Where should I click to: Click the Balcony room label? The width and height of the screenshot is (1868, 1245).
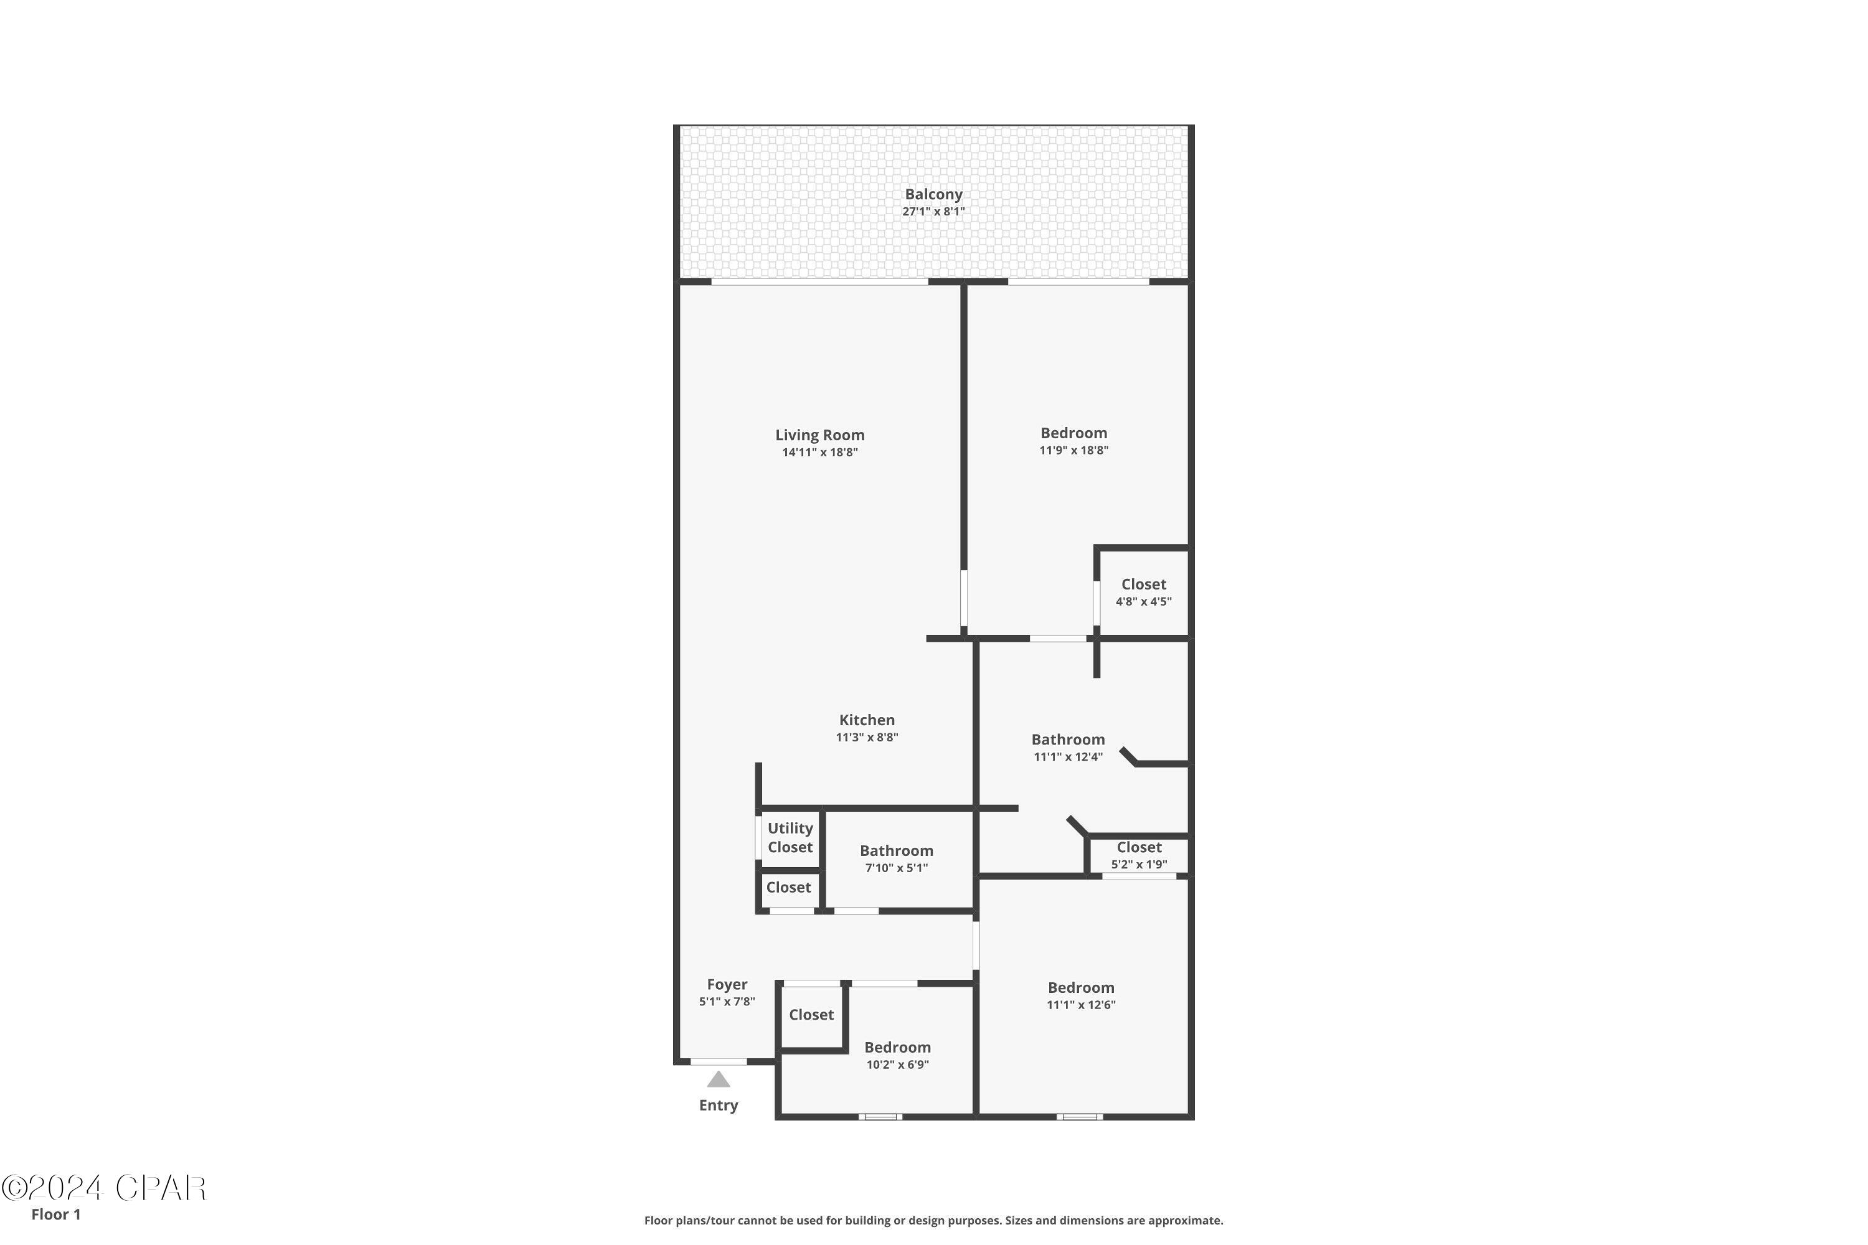(933, 194)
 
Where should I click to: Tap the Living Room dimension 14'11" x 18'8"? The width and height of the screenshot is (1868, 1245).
(819, 453)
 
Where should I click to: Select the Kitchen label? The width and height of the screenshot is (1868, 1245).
(867, 720)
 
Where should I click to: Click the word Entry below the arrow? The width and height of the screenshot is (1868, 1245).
(718, 1106)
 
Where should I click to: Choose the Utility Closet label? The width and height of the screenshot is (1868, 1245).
(790, 838)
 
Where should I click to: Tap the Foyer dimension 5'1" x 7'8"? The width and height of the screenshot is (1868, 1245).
(727, 1002)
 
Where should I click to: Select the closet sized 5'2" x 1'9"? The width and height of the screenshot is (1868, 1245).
(1138, 855)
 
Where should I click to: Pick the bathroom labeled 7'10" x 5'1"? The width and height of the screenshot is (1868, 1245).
(896, 859)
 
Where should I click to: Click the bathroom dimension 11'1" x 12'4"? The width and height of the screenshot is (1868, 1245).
(1067, 757)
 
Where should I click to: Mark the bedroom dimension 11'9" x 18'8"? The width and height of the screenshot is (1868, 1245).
(1073, 450)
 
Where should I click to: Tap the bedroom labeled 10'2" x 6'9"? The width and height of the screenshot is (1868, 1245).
(897, 1055)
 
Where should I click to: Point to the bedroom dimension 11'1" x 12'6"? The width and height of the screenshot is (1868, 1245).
(1081, 1005)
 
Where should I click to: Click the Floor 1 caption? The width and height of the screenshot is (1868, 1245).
(55, 1214)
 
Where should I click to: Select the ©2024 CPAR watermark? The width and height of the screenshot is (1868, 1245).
(104, 1188)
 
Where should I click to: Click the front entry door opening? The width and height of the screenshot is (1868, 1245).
(718, 1061)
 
